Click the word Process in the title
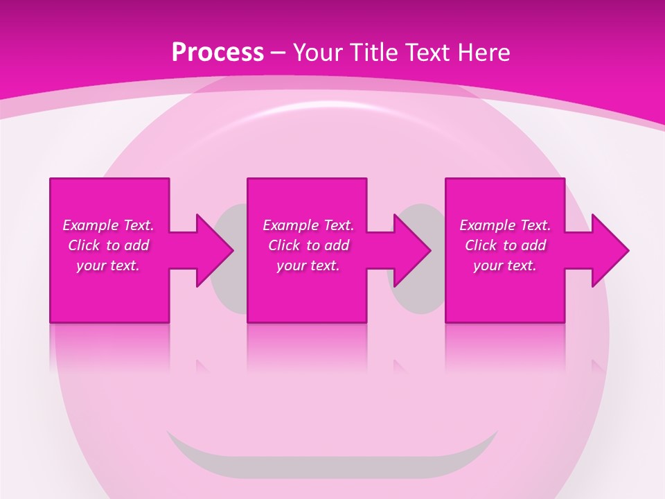click(218, 53)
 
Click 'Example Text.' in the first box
click(108, 225)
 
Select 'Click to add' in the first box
click(108, 245)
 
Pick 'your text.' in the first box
click(108, 265)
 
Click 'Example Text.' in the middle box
click(308, 225)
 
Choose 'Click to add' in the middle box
click(308, 245)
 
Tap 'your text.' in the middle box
click(308, 265)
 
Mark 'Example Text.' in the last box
click(505, 225)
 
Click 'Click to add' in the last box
click(505, 245)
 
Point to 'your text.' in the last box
click(505, 265)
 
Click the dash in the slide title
click(278, 53)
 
